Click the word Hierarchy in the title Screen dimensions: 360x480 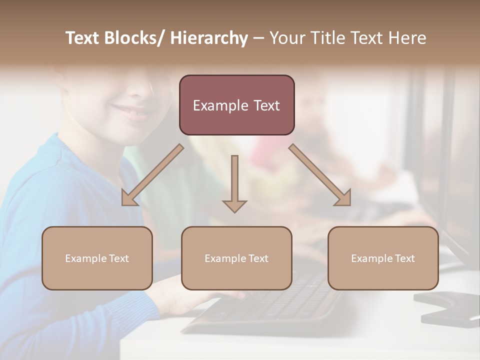pyautogui.click(x=209, y=38)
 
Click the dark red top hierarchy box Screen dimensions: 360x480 pyautogui.click(x=236, y=105)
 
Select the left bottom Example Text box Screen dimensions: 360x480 pyautogui.click(x=97, y=258)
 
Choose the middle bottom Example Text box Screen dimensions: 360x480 pyautogui.click(x=236, y=258)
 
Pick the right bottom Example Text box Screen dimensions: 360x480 pyautogui.click(x=383, y=258)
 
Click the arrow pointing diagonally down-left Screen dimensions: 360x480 pyautogui.click(x=152, y=175)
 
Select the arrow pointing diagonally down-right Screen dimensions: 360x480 pyautogui.click(x=320, y=175)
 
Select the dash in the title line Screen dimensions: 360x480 pyautogui.click(x=258, y=38)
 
